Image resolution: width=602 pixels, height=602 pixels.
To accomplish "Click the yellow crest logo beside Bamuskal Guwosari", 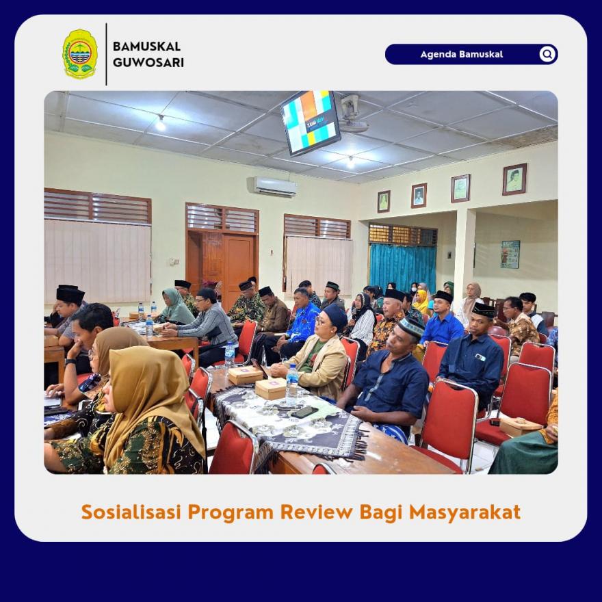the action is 80,54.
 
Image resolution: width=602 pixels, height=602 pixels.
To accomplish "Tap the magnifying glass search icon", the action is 547,54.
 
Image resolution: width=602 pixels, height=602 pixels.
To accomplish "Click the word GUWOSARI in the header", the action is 148,62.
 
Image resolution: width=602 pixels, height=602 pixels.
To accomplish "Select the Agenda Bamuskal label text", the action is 462,54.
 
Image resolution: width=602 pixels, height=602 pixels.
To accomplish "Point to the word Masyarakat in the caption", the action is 464,512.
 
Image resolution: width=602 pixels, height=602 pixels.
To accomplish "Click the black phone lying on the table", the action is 304,412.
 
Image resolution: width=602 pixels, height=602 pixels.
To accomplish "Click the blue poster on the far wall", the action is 510,254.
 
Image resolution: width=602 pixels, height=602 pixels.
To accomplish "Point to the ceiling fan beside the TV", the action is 352,114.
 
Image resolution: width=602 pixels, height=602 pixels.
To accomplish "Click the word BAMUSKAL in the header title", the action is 146,47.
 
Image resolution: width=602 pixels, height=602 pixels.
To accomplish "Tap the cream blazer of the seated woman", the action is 322,365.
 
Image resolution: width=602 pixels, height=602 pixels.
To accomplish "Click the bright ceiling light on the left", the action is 161,124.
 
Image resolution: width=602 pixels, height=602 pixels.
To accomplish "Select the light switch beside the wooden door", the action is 173,261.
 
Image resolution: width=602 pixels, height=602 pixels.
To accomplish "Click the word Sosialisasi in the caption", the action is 131,512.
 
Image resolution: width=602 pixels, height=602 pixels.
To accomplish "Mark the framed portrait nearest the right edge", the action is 514,179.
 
